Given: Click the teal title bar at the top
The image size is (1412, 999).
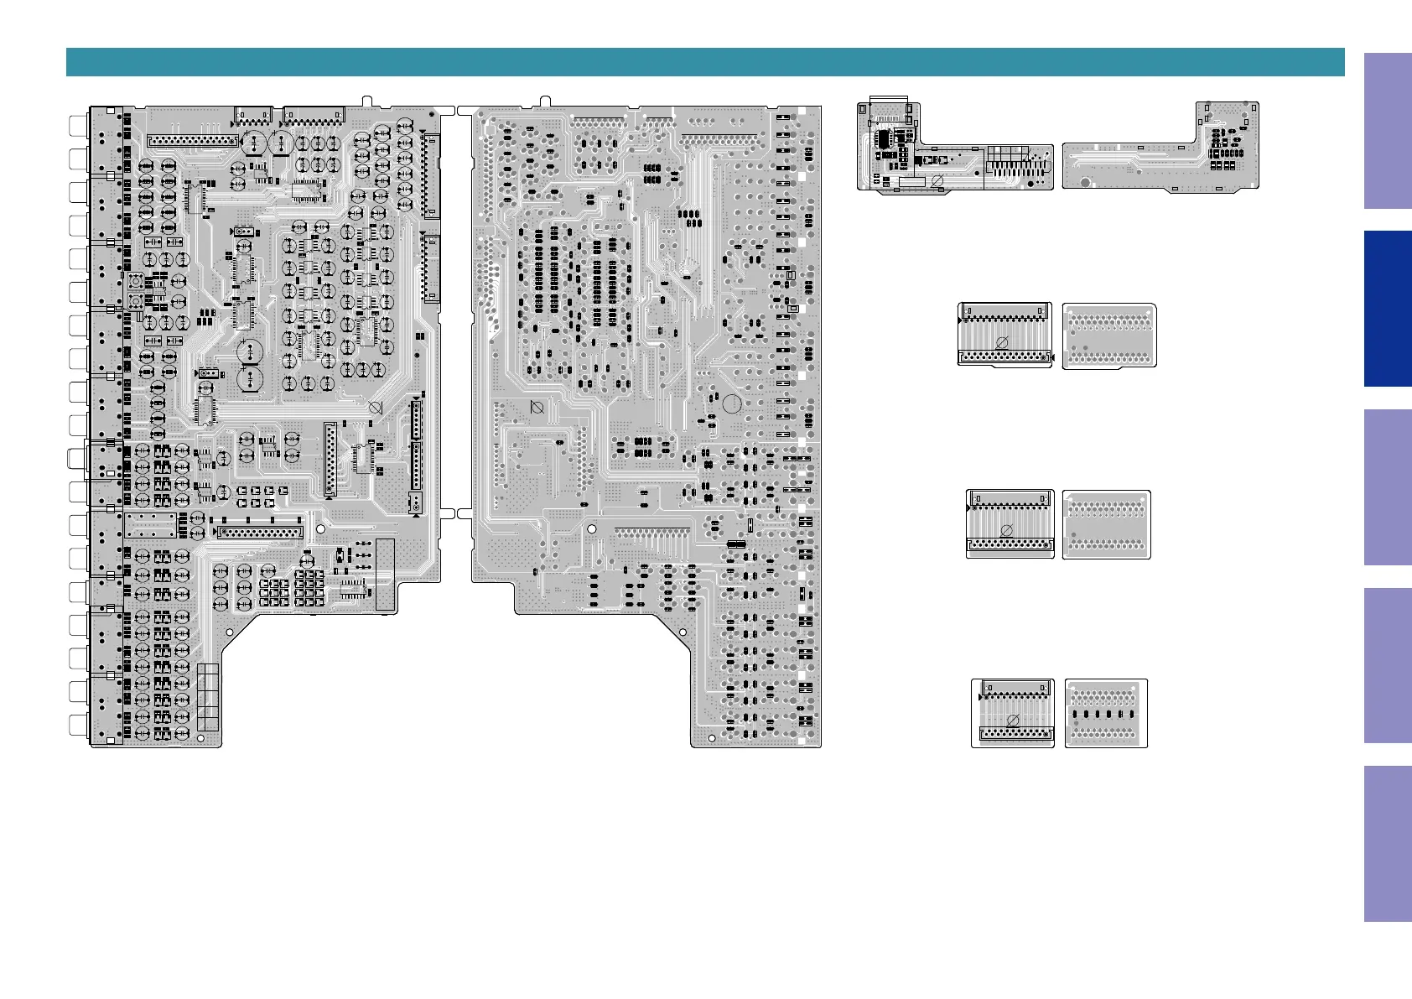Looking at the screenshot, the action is click(x=704, y=62).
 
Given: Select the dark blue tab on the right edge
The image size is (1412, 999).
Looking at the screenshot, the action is click(x=1387, y=308).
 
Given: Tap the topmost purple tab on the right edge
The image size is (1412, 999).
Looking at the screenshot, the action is click(x=1387, y=131).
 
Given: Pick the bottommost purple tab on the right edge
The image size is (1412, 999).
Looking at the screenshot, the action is click(x=1387, y=843).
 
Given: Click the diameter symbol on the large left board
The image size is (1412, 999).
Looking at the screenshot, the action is click(x=376, y=408).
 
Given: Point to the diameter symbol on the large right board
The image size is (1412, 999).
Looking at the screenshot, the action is click(x=537, y=408).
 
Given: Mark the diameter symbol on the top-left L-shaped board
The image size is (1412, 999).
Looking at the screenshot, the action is click(x=938, y=181).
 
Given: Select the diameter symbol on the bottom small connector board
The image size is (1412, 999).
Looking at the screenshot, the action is click(x=1012, y=720).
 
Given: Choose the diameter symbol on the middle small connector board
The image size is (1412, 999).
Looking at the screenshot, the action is click(x=1007, y=530).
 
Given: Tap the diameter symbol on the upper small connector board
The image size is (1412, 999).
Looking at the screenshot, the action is click(x=1001, y=342).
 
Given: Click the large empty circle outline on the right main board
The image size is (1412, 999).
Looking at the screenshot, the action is click(x=731, y=404).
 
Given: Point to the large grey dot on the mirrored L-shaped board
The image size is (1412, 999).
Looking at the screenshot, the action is click(x=1084, y=182).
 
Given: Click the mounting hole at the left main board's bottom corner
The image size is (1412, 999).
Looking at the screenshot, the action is click(x=201, y=738).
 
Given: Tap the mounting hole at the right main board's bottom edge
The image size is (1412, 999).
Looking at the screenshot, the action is click(x=712, y=739).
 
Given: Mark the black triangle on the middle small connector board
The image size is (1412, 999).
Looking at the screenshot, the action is click(x=970, y=507).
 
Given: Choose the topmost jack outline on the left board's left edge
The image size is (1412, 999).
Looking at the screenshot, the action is click(x=78, y=125).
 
